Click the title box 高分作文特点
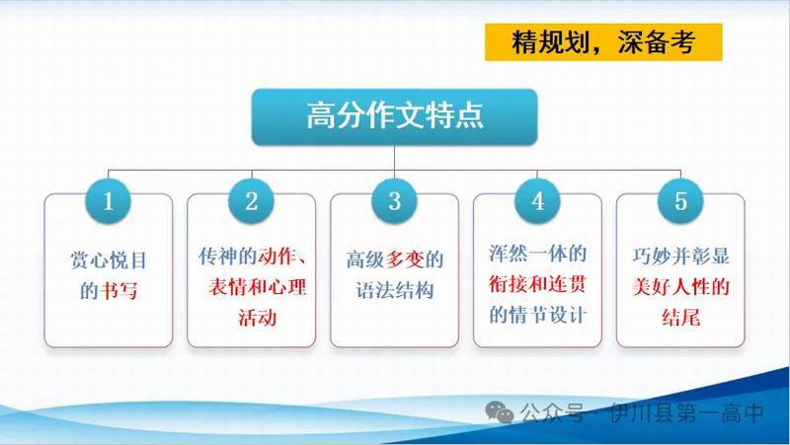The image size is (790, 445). click(x=394, y=116)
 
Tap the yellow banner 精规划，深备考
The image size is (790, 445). click(x=603, y=42)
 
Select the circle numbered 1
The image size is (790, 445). click(x=109, y=201)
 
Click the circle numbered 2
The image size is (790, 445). click(x=252, y=201)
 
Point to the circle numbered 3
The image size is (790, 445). click(x=394, y=201)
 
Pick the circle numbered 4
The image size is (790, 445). click(x=537, y=201)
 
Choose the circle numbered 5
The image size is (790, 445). click(x=680, y=201)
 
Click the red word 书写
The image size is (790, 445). click(x=118, y=291)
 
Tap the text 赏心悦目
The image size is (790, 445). click(x=109, y=260)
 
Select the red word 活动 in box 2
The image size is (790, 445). click(x=258, y=318)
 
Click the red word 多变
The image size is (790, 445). click(x=405, y=260)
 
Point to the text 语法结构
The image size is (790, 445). click(x=395, y=290)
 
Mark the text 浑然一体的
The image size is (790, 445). click(x=537, y=254)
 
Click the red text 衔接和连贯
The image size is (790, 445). click(x=537, y=284)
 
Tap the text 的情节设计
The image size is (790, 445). click(x=537, y=315)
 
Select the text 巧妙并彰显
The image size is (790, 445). click(x=680, y=256)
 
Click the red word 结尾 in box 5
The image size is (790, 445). click(x=680, y=318)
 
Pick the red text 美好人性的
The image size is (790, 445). click(x=680, y=287)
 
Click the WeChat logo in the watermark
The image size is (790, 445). click(x=499, y=412)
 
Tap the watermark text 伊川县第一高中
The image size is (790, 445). click(x=686, y=412)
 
